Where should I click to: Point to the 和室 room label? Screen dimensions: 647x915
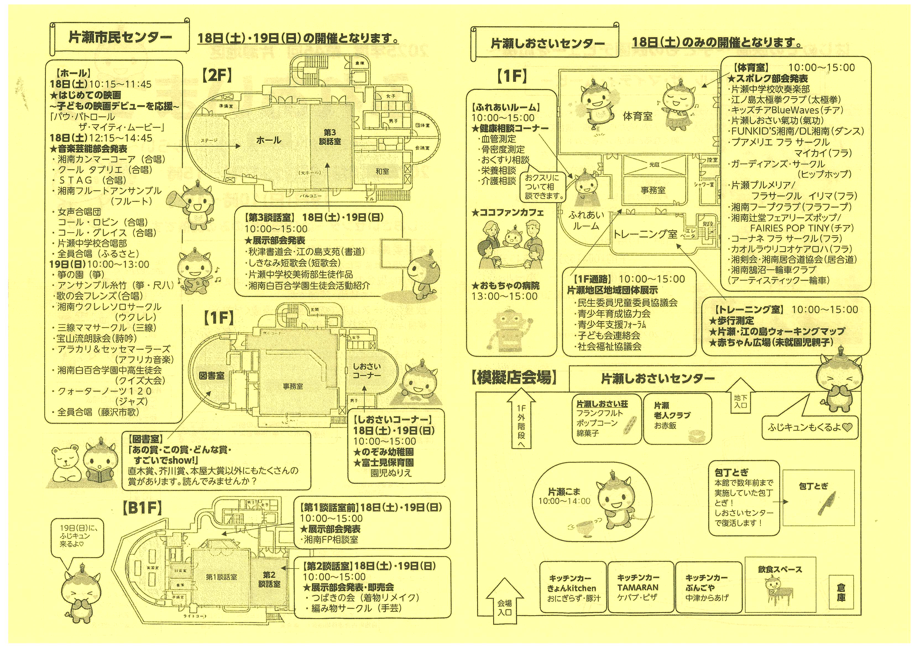[x=382, y=171]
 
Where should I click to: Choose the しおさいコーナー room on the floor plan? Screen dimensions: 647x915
[x=367, y=371]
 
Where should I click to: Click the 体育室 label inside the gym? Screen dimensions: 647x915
[x=638, y=116]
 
